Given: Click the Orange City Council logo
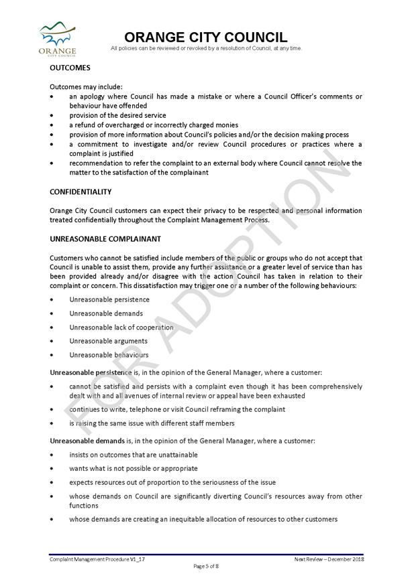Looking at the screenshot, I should pos(57,40).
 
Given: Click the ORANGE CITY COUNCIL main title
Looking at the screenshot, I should pos(206,38).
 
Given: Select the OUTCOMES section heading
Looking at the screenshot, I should pos(70,68).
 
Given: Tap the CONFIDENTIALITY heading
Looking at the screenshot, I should pos(81,192).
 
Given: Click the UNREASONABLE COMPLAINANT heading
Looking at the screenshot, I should pos(105,238).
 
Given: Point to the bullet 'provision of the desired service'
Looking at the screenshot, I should pos(117,115).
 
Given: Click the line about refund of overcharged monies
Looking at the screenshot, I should pos(153,125).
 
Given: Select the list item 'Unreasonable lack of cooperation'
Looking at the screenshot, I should pos(121,328).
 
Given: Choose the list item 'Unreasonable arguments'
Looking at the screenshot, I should pos(108,341).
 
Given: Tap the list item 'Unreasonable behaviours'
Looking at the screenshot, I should pos(109,355).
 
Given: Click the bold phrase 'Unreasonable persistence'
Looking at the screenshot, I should pos(87,372).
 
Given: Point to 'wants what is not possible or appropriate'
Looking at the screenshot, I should pos(133,468).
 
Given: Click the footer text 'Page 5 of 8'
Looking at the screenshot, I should pos(206,566).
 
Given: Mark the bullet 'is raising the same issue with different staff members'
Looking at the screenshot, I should pos(152,423).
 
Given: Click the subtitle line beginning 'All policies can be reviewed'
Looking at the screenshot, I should pos(206,48).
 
